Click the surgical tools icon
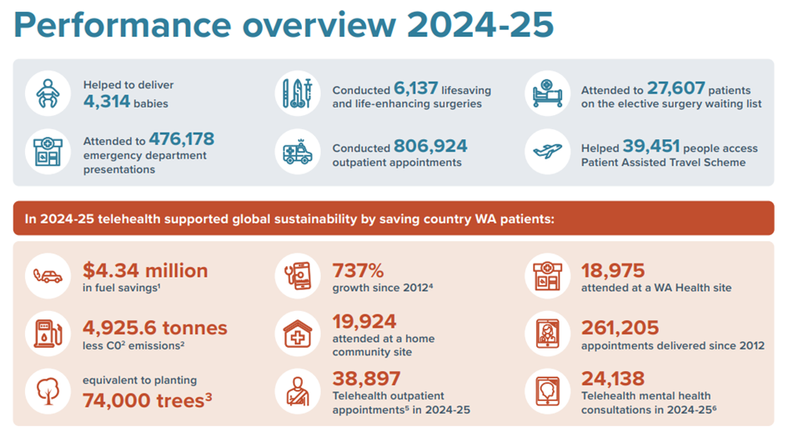(297, 94)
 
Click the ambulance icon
(297, 153)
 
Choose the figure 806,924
(430, 146)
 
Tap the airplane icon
(547, 152)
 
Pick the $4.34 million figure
(145, 270)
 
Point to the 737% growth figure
(358, 270)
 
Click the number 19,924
(364, 321)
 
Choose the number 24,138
(615, 379)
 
